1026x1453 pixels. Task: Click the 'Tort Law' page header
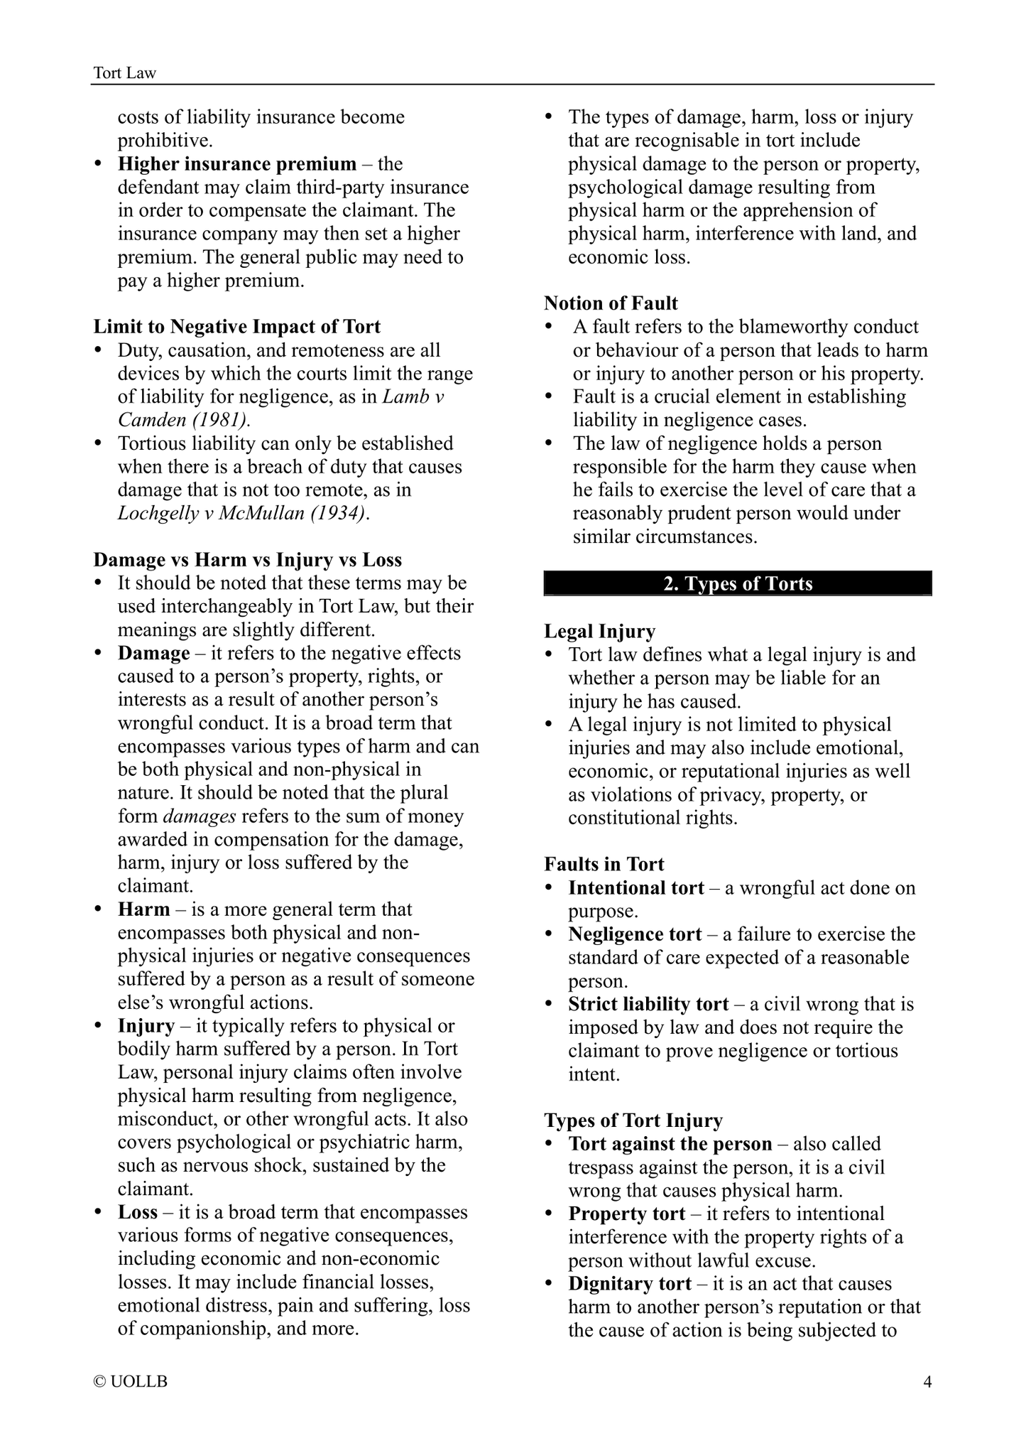125,72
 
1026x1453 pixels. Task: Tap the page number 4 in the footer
927,1381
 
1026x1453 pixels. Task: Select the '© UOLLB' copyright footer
131,1381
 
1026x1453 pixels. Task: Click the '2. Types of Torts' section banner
738,583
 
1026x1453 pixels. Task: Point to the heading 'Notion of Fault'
611,303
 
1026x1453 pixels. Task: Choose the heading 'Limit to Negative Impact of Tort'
237,327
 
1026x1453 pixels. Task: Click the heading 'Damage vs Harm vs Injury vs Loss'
248,560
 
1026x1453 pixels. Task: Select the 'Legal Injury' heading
599,631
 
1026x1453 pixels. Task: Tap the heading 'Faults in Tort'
604,864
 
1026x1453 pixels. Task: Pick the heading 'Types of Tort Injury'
633,1120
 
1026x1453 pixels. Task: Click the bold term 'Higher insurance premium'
237,164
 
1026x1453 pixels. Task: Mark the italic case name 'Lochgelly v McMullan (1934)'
243,513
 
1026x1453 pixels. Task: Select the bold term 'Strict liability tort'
648,1004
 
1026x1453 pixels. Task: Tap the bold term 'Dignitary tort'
629,1284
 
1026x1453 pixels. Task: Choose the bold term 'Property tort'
626,1214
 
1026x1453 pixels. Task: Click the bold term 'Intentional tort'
636,888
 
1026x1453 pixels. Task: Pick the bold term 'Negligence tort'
635,934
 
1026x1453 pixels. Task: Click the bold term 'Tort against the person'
670,1144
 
